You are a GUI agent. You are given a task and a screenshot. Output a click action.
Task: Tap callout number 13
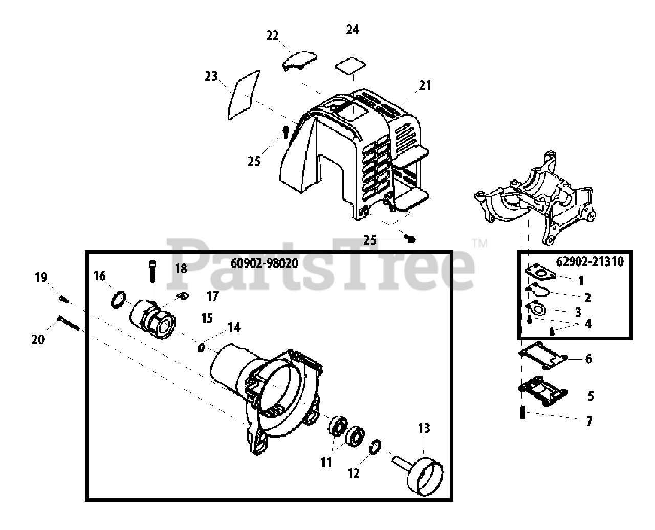click(x=424, y=428)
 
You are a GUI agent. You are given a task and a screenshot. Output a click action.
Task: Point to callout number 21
click(x=425, y=85)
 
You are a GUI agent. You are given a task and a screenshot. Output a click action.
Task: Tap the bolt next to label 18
click(x=152, y=272)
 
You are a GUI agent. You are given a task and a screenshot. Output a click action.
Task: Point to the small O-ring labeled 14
click(x=201, y=348)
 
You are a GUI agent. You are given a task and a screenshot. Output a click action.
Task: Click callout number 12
click(x=354, y=473)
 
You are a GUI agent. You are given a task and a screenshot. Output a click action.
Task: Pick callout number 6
click(x=588, y=359)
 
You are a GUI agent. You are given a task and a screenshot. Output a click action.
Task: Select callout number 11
click(x=326, y=462)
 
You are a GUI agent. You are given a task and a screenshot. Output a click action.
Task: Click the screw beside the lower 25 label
click(x=410, y=238)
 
